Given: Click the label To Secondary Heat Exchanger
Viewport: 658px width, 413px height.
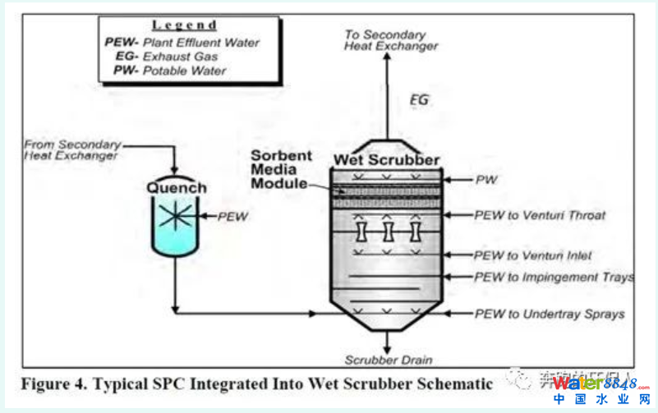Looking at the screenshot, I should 390,40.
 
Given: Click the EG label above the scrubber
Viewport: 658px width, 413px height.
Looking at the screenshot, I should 419,101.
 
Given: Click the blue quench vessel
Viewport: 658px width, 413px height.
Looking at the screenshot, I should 174,223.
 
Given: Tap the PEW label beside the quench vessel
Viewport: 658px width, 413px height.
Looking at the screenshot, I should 232,217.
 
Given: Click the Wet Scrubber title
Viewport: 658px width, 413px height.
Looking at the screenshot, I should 387,159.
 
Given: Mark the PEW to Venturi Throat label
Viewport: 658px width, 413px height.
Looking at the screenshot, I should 540,215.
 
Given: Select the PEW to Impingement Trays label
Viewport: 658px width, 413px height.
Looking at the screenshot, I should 554,278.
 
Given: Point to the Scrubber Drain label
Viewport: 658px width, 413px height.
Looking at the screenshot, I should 389,360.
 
